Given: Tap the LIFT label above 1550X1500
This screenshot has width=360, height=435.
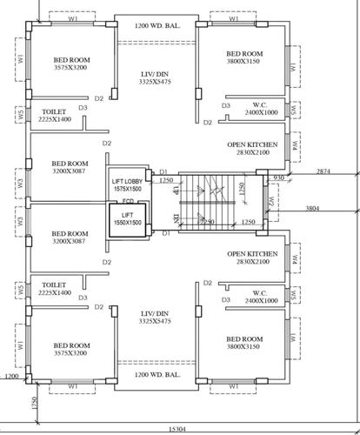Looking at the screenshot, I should coord(127,214).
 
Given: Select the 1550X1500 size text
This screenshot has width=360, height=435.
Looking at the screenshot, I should coord(127,223).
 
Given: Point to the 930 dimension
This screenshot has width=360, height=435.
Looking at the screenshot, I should coord(279,177).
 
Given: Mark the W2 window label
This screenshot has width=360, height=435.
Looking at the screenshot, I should coord(271,201).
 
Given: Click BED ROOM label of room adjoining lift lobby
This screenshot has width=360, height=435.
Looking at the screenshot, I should coord(70,163).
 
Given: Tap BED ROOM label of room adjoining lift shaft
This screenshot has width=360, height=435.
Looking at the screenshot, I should coord(70,233).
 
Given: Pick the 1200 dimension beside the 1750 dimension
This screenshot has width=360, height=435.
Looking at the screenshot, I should coord(10,377).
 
